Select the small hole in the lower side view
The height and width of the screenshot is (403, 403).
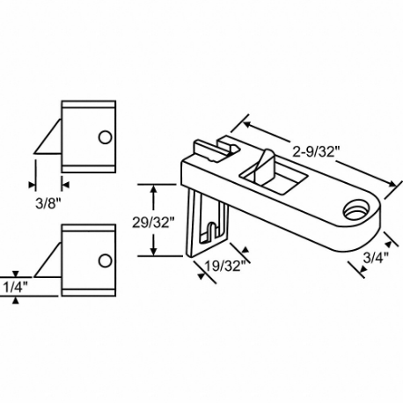tap(105, 260)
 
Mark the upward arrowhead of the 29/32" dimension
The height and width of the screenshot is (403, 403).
tap(155, 187)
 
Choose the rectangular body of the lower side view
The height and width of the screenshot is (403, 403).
tap(88, 258)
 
